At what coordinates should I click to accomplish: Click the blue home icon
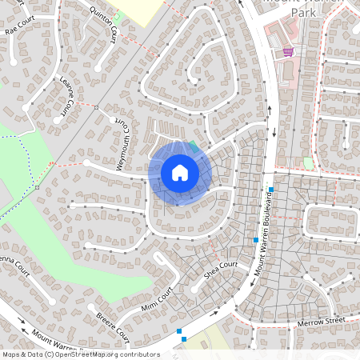point(180,173)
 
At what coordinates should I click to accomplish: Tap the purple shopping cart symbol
point(287,51)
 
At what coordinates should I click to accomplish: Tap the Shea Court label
point(222,269)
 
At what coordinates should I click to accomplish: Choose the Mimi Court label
point(158,301)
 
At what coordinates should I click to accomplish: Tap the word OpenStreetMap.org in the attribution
point(90,354)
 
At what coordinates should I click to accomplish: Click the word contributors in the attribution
point(138,354)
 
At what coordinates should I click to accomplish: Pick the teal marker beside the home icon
point(193,145)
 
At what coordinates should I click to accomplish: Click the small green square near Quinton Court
point(117,16)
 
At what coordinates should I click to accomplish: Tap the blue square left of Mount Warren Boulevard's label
point(255,240)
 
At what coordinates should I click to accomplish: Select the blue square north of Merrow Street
point(271,190)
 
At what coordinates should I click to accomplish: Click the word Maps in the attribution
point(12,354)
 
